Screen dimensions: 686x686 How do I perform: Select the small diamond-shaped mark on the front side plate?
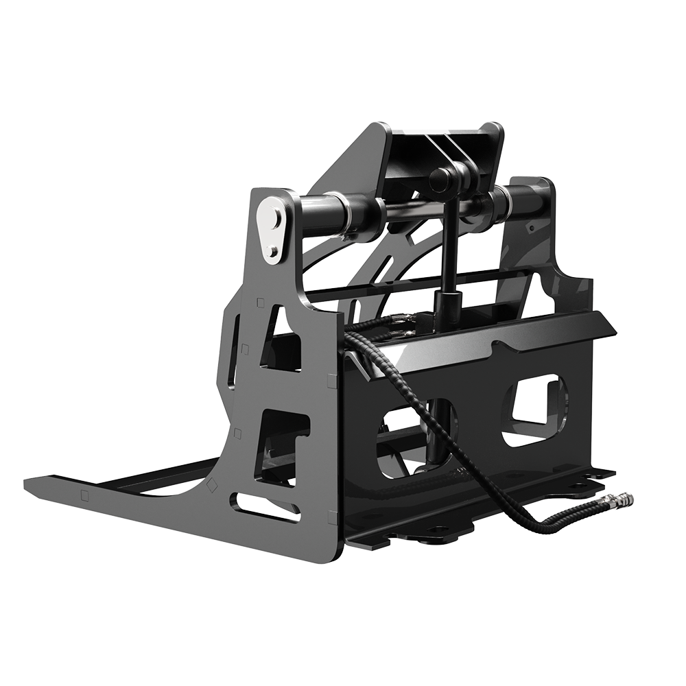click(x=213, y=484)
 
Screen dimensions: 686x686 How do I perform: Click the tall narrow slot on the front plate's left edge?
click(x=236, y=343)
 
